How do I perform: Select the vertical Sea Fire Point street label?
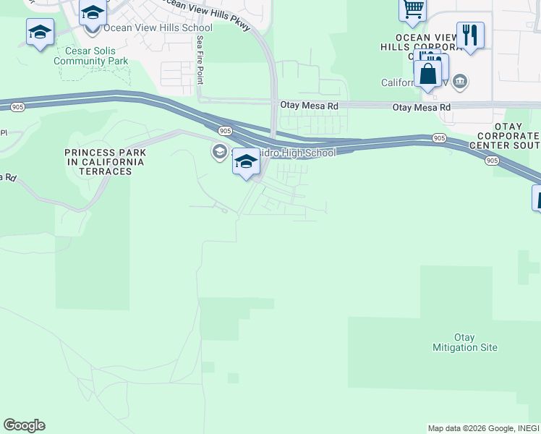click(x=200, y=61)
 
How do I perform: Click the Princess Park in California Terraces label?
click(x=105, y=161)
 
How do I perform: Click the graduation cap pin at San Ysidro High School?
click(x=246, y=162)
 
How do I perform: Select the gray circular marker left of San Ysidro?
click(x=219, y=152)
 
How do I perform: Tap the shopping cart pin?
click(x=412, y=9)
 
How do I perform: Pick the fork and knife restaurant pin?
click(x=470, y=35)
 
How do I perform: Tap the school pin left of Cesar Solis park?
click(x=40, y=33)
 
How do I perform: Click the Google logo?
click(x=24, y=425)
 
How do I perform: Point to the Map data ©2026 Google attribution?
click(x=470, y=429)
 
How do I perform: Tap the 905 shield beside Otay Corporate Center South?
click(x=493, y=160)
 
